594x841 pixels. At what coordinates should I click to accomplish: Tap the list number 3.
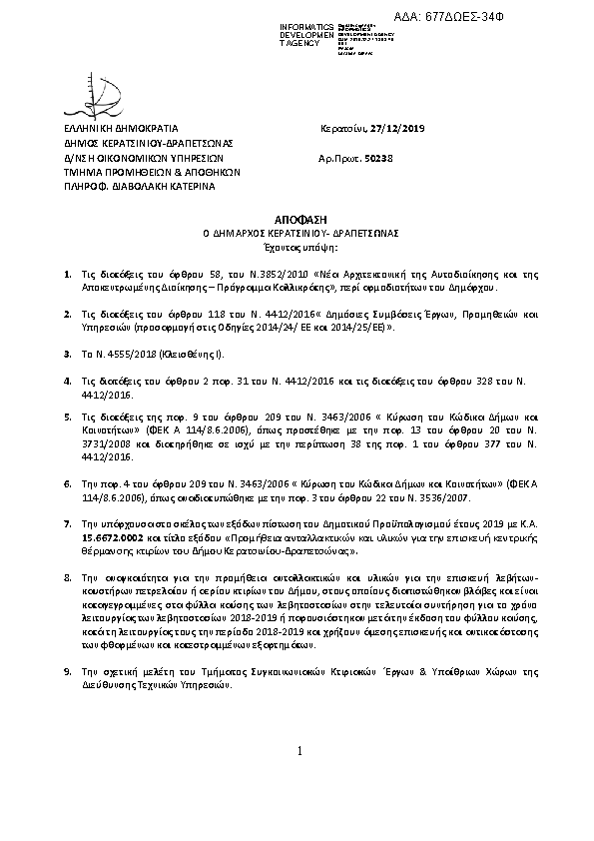(67, 354)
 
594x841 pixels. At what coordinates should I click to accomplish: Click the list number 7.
(67, 522)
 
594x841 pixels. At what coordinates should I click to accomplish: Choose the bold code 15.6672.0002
(111, 536)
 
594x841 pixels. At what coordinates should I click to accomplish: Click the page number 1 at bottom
(297, 806)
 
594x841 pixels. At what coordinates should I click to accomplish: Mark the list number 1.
(67, 273)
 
